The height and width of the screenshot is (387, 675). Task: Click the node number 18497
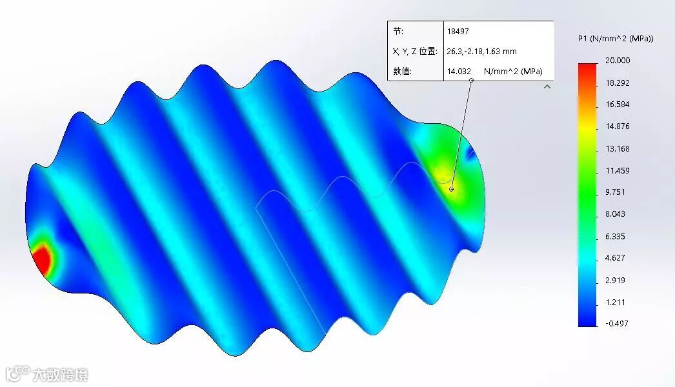pos(458,32)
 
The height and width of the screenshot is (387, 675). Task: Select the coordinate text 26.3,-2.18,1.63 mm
pos(481,51)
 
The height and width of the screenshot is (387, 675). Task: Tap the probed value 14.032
pos(459,71)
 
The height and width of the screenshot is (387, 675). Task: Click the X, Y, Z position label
pos(415,51)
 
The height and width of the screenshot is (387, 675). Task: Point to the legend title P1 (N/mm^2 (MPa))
pos(616,38)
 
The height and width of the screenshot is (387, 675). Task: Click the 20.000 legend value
pos(618,60)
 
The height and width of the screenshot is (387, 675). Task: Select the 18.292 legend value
pos(618,83)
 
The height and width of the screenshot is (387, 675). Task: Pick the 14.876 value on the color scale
pos(618,126)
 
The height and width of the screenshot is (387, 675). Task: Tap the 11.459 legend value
pos(618,170)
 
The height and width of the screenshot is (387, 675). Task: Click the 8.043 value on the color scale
pos(615,214)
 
